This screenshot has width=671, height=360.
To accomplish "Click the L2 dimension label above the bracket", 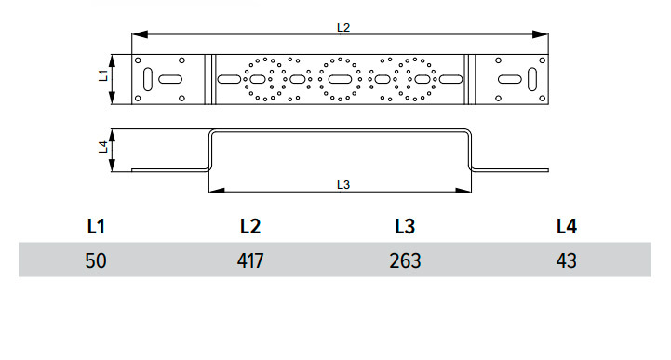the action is click(343, 28).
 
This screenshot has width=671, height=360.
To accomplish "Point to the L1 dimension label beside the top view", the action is click(103, 75).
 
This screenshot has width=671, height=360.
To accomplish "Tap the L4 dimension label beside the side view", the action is click(103, 147).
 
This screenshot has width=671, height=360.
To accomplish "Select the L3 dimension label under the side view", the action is click(343, 185).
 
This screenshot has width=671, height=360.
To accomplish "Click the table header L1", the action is click(96, 226).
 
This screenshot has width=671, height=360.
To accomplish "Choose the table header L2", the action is click(250, 226).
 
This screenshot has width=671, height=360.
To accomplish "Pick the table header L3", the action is click(405, 226).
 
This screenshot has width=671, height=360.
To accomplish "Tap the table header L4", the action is click(567, 226).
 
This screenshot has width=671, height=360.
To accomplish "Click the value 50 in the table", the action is click(96, 260).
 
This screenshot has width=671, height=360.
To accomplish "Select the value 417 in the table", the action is click(250, 260).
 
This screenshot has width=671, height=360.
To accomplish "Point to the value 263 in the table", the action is click(405, 260).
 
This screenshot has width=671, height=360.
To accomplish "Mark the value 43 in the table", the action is click(567, 260).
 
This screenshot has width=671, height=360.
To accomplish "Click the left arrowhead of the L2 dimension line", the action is click(140, 34).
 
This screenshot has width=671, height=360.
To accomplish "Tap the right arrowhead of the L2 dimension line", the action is click(540, 34).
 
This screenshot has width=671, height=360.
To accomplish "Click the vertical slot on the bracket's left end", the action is click(148, 79).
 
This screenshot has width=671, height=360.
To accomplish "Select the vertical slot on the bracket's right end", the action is click(532, 79).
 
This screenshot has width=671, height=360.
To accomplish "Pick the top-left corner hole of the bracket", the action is click(138, 60).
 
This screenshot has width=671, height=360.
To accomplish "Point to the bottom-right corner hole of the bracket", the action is click(543, 99).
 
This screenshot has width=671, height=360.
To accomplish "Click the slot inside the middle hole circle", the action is click(340, 79).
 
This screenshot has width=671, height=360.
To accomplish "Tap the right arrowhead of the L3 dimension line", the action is click(463, 191).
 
